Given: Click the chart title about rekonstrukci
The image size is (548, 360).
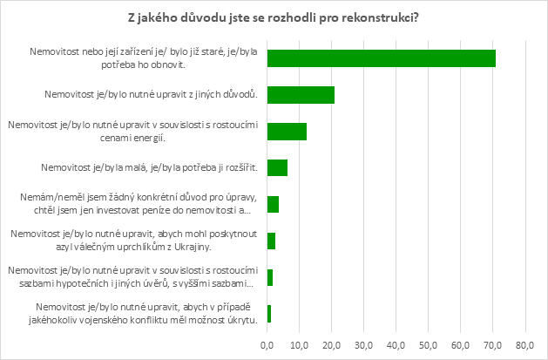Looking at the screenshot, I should click(274, 19).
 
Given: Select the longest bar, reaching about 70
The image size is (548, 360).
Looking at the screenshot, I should click(382, 58).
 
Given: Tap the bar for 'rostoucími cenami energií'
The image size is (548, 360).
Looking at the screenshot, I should click(287, 132).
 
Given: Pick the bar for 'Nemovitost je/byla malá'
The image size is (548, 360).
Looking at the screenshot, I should click(277, 167).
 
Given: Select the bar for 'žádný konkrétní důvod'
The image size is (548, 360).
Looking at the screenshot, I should click(273, 204).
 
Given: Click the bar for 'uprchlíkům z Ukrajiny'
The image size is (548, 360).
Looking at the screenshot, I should click(271, 241).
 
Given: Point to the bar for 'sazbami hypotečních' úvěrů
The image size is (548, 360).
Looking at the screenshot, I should click(270, 277).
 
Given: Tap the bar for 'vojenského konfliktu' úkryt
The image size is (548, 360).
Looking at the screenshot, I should click(269, 314).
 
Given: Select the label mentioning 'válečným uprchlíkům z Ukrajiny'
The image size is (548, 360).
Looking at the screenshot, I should click(133, 241).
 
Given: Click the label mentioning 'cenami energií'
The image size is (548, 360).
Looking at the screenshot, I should click(133, 132).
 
